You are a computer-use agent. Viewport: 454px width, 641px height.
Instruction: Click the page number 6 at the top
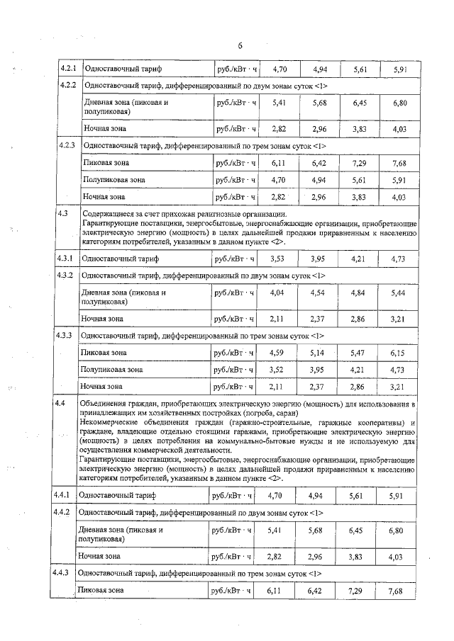coord(240,46)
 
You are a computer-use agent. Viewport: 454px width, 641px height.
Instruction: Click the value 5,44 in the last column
coord(398,292)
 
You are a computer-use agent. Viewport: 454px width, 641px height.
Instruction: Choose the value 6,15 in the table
coord(398,352)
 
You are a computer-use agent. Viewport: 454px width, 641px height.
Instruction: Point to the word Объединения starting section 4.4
coord(104,403)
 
